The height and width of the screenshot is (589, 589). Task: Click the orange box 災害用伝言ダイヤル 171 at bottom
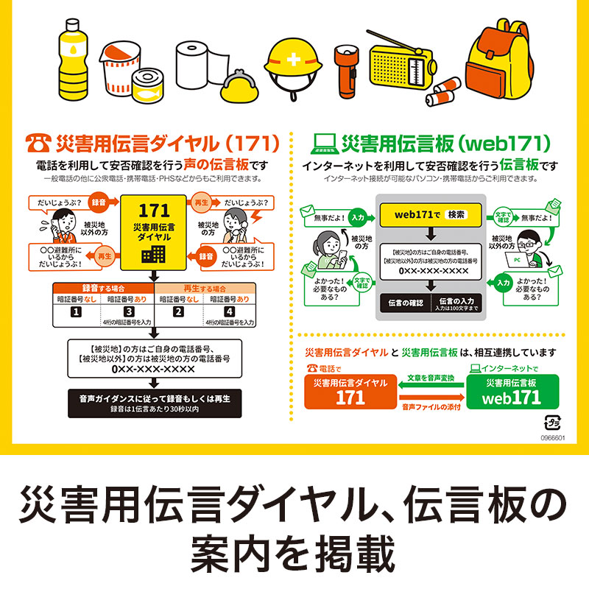[350, 392]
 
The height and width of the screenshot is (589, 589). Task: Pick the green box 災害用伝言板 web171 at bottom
[512, 392]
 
